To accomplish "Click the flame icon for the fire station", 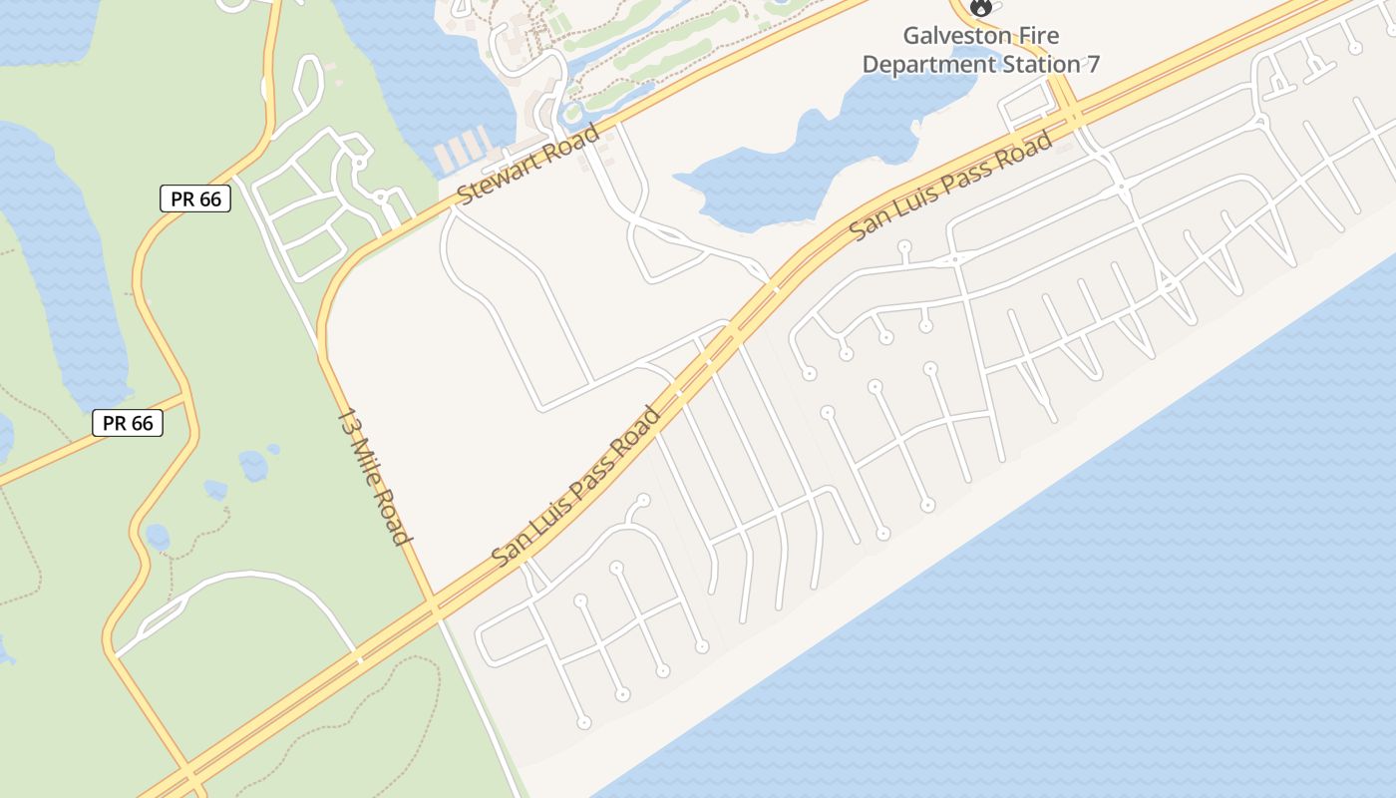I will coord(981,7).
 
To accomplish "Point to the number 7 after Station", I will coord(1093,65).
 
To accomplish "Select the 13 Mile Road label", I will coord(374,476).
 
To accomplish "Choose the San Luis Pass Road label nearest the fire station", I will coord(951,186).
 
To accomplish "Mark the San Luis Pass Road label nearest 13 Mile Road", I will coord(576,486).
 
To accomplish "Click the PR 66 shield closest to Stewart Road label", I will coord(195,199).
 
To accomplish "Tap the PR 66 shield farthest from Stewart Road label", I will coord(128,423).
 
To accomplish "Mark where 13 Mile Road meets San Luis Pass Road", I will coord(434,608).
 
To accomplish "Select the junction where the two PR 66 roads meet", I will coord(187,396).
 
